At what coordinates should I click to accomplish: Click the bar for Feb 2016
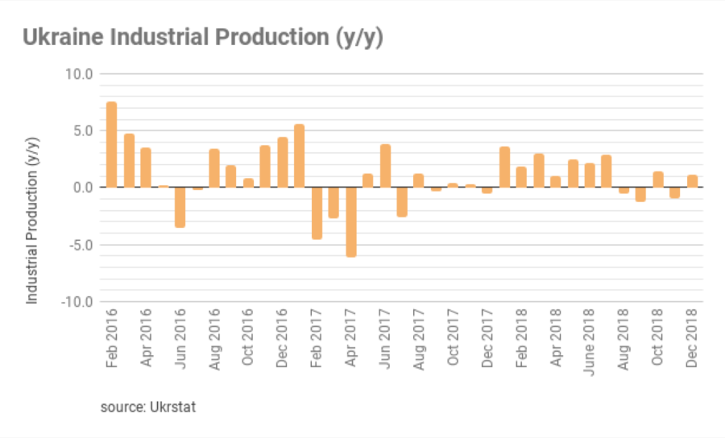[x=112, y=145]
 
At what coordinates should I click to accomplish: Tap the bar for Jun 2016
[x=180, y=207]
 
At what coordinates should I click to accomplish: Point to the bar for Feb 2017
[x=317, y=213]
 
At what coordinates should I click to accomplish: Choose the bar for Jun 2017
[x=385, y=166]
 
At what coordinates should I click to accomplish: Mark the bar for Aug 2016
[x=214, y=168]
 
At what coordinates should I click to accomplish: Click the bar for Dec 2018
[x=692, y=181]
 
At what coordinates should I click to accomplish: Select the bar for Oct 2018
[x=658, y=180]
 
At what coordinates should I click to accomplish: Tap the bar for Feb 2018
[x=521, y=177]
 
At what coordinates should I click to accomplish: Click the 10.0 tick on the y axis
[x=79, y=74]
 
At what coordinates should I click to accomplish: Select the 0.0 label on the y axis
[x=83, y=188]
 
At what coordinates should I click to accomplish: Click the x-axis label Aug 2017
[x=419, y=338]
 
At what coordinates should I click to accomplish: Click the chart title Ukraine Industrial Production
[x=202, y=37]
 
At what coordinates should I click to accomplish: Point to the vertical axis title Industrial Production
[x=33, y=220]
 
